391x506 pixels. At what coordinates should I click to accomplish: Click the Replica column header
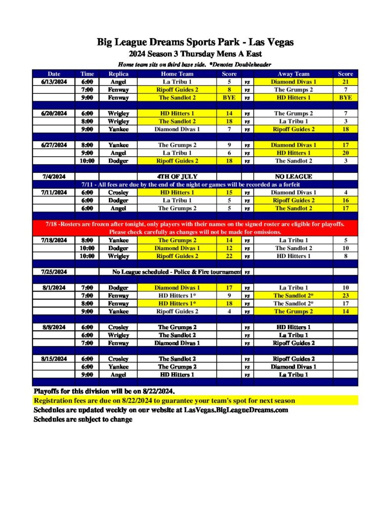(x=118, y=74)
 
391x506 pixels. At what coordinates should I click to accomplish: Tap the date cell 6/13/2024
(x=53, y=82)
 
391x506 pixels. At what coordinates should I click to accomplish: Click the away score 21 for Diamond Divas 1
(x=345, y=82)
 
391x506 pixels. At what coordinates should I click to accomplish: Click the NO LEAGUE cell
(x=293, y=176)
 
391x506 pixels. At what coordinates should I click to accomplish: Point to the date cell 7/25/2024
(x=53, y=272)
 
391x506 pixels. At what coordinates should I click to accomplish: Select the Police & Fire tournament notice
(x=176, y=272)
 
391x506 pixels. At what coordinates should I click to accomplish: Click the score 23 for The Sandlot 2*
(x=345, y=295)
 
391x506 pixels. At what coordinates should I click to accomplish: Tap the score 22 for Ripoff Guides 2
(x=229, y=256)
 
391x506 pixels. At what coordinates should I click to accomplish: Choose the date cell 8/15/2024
(x=53, y=359)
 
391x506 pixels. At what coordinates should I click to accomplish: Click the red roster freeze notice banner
(x=195, y=228)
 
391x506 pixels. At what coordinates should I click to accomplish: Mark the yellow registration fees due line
(x=164, y=401)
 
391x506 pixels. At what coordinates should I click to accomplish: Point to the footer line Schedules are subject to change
(x=83, y=420)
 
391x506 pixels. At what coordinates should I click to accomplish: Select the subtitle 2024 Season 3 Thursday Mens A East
(x=195, y=54)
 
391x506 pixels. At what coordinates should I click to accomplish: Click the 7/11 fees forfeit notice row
(x=195, y=184)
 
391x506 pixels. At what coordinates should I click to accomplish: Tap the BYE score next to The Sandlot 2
(x=229, y=98)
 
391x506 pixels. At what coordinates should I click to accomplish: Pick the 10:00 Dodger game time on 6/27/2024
(x=87, y=161)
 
